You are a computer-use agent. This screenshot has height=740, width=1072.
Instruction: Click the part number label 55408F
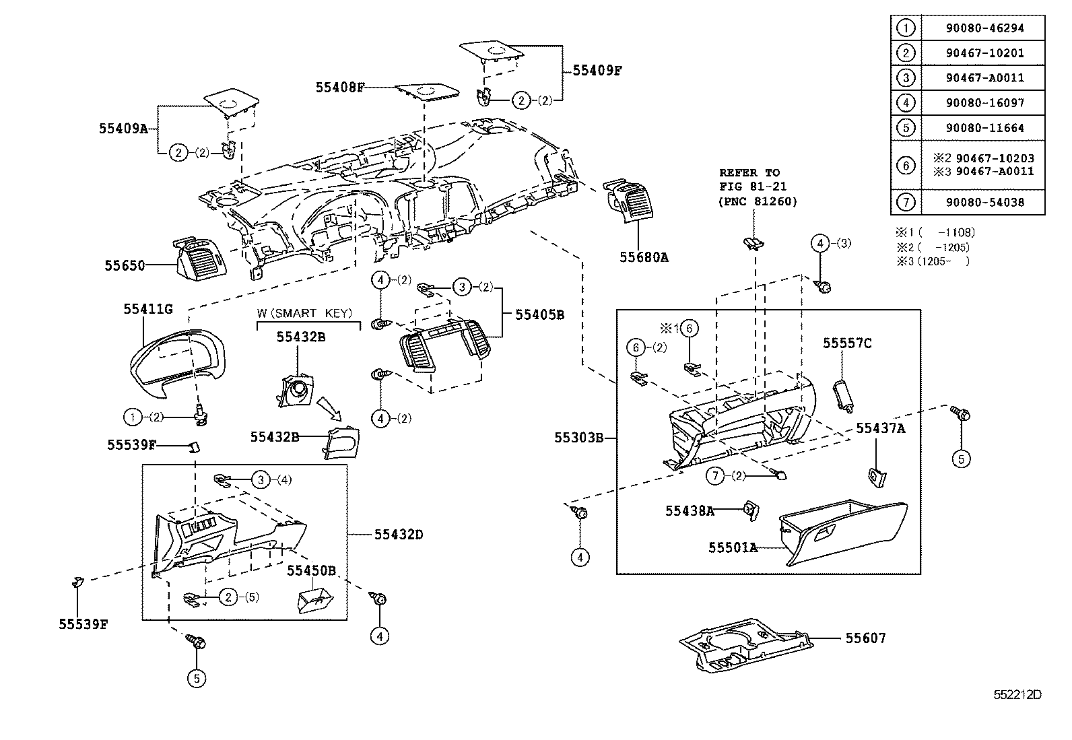(340, 87)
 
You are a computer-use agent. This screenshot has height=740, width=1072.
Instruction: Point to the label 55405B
(539, 314)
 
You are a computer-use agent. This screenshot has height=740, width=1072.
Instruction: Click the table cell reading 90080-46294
(984, 28)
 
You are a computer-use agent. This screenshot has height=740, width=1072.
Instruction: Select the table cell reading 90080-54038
(984, 202)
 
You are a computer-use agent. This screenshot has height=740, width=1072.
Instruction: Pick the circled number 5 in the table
(906, 127)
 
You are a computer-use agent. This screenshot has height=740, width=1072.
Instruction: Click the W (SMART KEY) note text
(308, 314)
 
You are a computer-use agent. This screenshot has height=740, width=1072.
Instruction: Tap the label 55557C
(847, 343)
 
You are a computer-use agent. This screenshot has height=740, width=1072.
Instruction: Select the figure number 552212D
(1018, 694)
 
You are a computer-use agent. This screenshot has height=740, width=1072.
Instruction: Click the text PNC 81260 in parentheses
(758, 201)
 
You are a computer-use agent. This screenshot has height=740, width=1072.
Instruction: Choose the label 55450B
(311, 570)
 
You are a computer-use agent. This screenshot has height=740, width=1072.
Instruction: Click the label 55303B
(578, 438)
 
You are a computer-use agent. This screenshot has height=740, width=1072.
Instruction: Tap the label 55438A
(690, 511)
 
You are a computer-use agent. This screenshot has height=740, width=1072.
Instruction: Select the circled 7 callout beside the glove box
(715, 476)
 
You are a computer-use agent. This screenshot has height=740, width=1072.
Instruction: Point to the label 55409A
(123, 128)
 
